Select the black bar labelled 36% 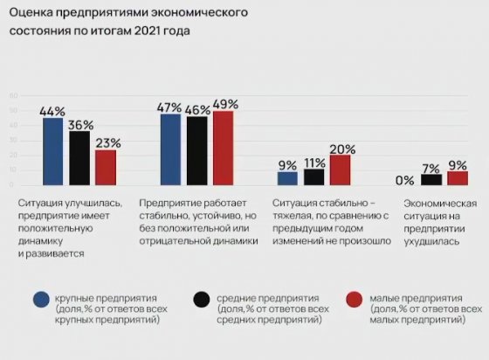pyautogui.click(x=79, y=157)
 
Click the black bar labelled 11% pyautogui.click(x=313, y=177)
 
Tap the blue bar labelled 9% pyautogui.click(x=287, y=178)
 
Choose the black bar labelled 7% pyautogui.click(x=431, y=179)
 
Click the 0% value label pyautogui.click(x=404, y=180)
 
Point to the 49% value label pyautogui.click(x=224, y=103)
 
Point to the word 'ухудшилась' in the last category pyautogui.click(x=428, y=240)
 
